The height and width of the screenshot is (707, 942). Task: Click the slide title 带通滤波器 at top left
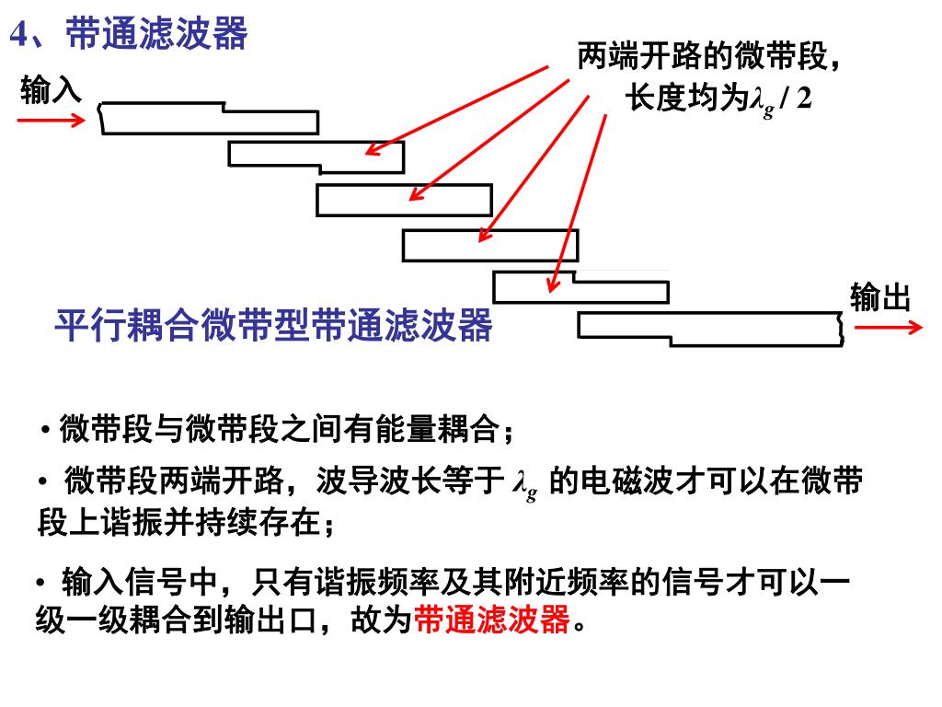click(x=157, y=34)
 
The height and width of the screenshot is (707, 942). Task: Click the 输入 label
click(x=51, y=91)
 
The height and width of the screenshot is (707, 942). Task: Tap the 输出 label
click(x=880, y=297)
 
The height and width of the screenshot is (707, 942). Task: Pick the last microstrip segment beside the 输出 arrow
click(x=710, y=328)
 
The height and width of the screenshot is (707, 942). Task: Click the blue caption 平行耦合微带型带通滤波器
click(x=274, y=325)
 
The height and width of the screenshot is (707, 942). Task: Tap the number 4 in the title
click(x=20, y=35)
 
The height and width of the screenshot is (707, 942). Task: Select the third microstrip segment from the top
click(x=404, y=200)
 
